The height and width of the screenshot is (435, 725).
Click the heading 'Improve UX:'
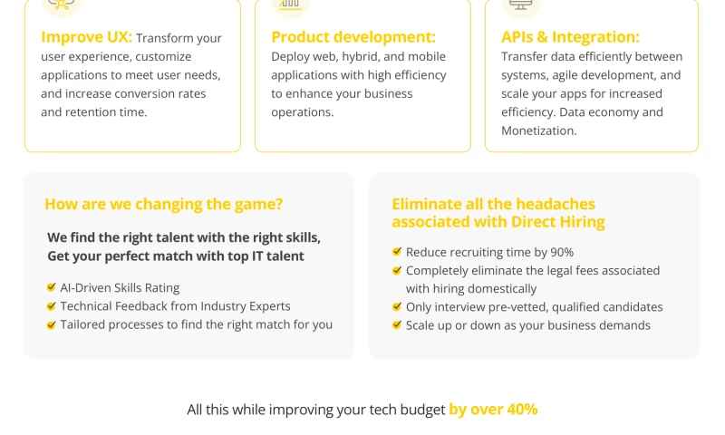[86, 37]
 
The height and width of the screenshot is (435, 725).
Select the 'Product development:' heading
[353, 37]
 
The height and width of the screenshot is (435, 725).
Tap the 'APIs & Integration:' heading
[570, 37]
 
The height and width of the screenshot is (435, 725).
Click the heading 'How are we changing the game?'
[163, 204]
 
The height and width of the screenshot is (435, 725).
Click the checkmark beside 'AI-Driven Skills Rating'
[52, 288]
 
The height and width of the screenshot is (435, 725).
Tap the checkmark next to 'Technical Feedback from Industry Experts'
[52, 306]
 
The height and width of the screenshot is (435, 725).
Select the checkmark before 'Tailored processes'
[52, 324]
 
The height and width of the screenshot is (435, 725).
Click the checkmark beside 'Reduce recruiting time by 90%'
[397, 252]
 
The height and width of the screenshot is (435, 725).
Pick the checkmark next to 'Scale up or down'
[397, 324]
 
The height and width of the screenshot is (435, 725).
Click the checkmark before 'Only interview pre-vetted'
[397, 306]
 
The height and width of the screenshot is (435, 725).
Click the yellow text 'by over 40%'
[493, 410]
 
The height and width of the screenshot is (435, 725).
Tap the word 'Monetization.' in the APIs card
[538, 130]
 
